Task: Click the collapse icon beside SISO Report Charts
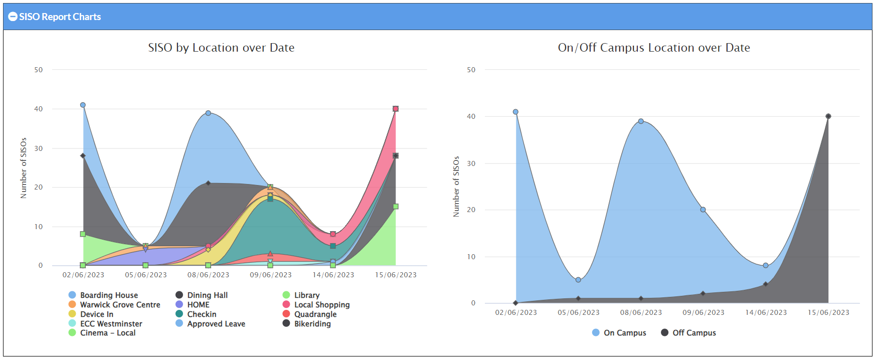pyautogui.click(x=13, y=17)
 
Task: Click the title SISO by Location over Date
pyautogui.click(x=221, y=48)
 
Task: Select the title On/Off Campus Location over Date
pyautogui.click(x=654, y=48)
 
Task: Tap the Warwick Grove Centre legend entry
pyautogui.click(x=120, y=305)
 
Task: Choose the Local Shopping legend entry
pyautogui.click(x=321, y=305)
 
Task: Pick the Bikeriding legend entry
pyautogui.click(x=312, y=324)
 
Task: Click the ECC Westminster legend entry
pyautogui.click(x=111, y=324)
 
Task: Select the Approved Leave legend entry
pyautogui.click(x=216, y=324)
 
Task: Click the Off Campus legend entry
pyautogui.click(x=693, y=333)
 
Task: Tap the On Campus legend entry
pyautogui.click(x=624, y=333)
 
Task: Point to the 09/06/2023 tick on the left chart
pyautogui.click(x=271, y=275)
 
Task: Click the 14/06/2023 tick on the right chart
pyautogui.click(x=766, y=312)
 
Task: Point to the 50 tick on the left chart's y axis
pyautogui.click(x=39, y=70)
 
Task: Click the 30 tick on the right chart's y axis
pyautogui.click(x=471, y=163)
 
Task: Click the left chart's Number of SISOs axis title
pyautogui.click(x=24, y=168)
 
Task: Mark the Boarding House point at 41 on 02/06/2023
pyautogui.click(x=83, y=105)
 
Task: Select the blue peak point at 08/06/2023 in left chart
pyautogui.click(x=208, y=113)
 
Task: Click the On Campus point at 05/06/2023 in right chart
pyautogui.click(x=578, y=280)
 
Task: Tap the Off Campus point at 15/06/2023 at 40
pyautogui.click(x=828, y=116)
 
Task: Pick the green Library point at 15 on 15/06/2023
pyautogui.click(x=396, y=207)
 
